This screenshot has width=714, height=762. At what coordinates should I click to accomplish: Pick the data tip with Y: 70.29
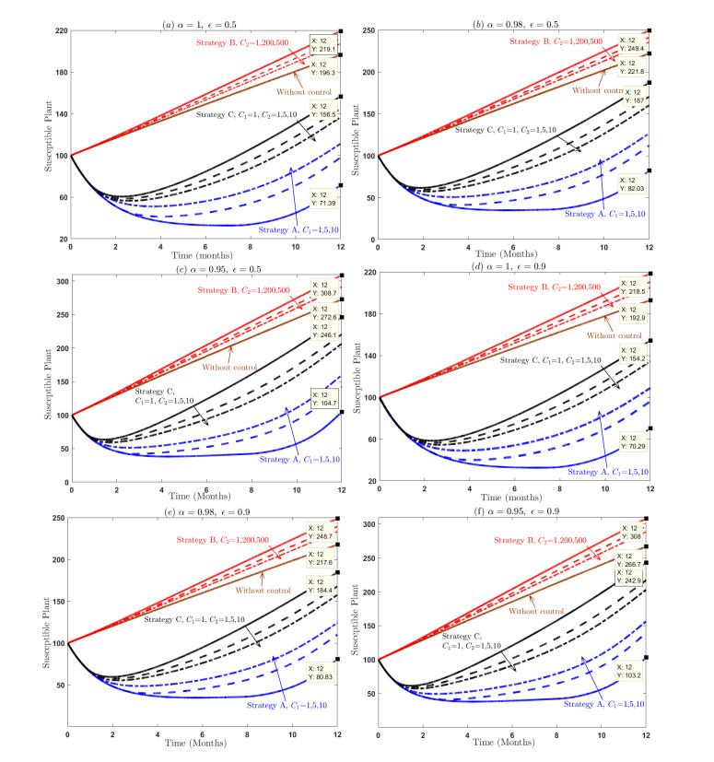(x=635, y=442)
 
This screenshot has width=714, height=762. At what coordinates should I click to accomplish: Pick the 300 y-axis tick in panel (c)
(x=58, y=281)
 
